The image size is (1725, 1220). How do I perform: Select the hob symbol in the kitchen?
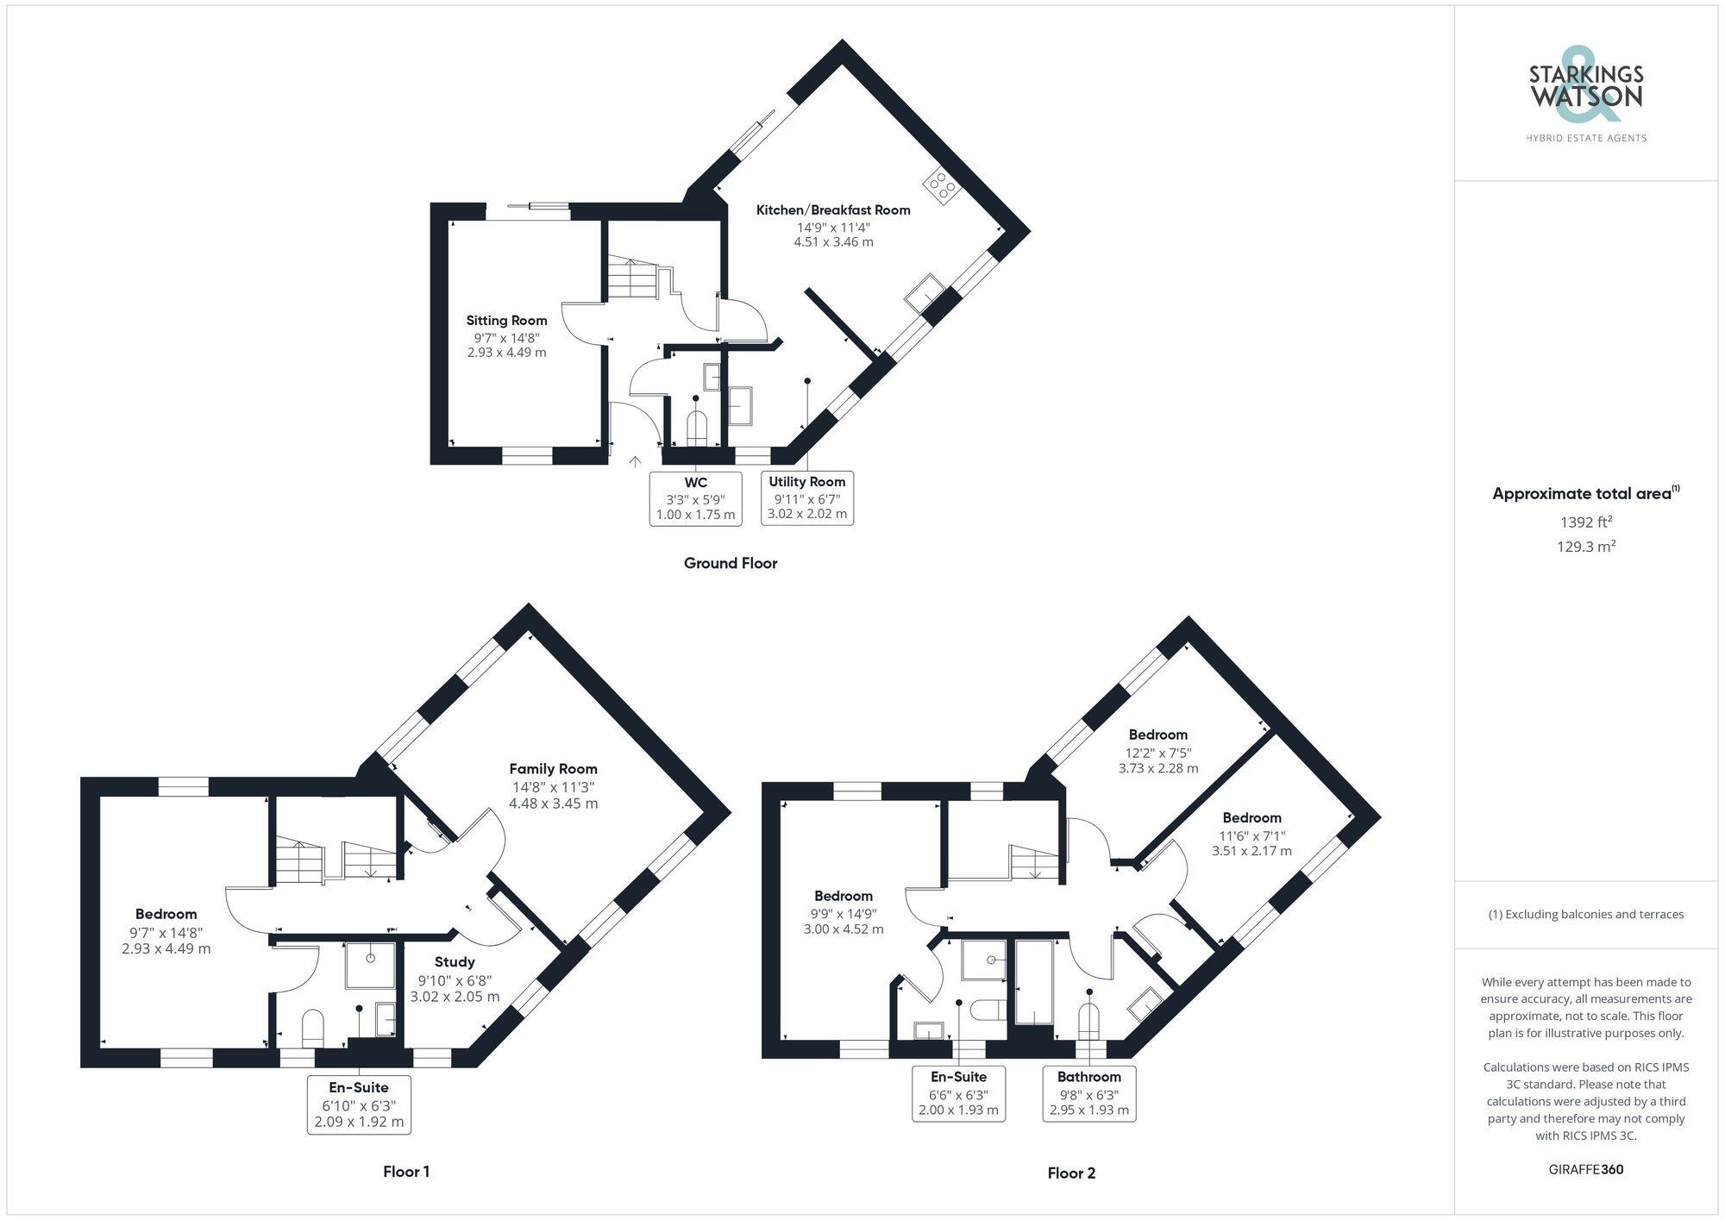(x=940, y=186)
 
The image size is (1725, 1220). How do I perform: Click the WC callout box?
(x=695, y=498)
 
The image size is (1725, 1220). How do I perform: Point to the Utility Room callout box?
(x=807, y=497)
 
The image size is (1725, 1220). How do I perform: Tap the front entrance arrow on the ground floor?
(x=636, y=463)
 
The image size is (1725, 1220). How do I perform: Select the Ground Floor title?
(x=731, y=563)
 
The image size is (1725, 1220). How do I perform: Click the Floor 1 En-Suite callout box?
(x=359, y=1104)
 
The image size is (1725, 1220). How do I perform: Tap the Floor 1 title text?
(x=406, y=1172)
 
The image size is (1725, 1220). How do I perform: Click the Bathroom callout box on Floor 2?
(x=1089, y=1093)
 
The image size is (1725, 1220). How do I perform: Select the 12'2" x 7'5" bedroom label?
(x=1158, y=751)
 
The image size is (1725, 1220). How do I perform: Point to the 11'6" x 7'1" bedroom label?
(x=1251, y=834)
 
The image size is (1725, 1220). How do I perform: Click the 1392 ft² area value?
(x=1585, y=522)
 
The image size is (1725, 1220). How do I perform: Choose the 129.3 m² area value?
(x=1585, y=547)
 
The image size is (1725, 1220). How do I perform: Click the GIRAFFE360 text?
(x=1585, y=1170)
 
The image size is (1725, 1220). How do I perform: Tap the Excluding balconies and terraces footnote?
(x=1585, y=914)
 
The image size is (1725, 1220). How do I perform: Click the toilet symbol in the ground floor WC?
(x=696, y=428)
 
